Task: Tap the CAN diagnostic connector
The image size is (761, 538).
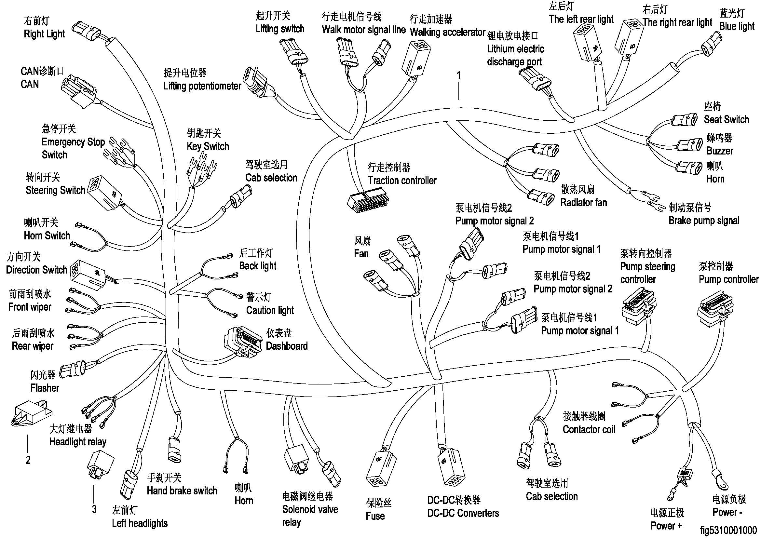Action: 78,90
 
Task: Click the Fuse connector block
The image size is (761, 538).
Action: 381,469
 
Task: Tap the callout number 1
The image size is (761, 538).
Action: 459,75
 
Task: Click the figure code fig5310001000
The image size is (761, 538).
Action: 728,531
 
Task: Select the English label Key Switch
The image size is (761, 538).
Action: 208,146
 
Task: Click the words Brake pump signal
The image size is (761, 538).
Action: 704,221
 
